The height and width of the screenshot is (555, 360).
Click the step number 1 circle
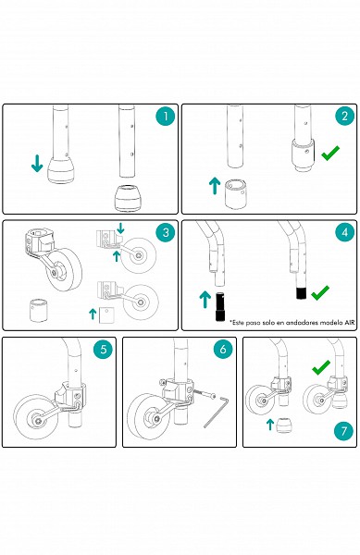tap(166, 116)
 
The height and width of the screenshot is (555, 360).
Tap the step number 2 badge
tap(345, 116)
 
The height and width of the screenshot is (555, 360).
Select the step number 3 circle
tap(166, 232)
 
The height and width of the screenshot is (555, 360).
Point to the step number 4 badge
tap(345, 232)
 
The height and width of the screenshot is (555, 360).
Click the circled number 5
tap(103, 350)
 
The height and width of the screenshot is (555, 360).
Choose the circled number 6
tap(223, 350)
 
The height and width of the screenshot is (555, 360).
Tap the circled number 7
tap(344, 431)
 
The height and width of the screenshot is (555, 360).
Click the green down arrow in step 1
tap(37, 163)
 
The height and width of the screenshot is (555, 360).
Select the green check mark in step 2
tap(330, 153)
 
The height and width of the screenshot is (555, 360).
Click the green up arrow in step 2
tap(215, 186)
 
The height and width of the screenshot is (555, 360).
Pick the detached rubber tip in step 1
tap(129, 198)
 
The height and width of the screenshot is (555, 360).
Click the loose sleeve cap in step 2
tap(236, 194)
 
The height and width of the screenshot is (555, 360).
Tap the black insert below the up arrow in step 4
tap(220, 306)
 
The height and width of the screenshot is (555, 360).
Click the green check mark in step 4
tap(320, 292)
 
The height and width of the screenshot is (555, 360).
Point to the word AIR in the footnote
tap(349, 323)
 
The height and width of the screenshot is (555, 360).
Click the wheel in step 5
tap(36, 417)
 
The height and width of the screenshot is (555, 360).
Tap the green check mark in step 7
tap(321, 367)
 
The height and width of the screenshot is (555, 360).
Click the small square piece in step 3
tap(106, 315)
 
